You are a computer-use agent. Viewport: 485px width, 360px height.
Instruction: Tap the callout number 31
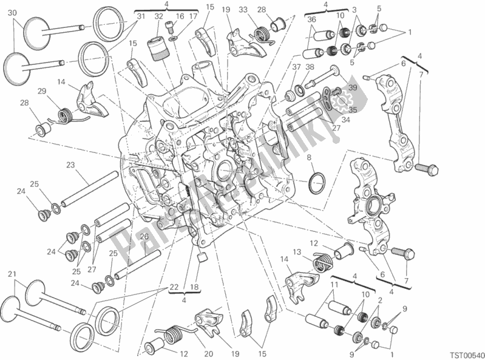click(140, 16)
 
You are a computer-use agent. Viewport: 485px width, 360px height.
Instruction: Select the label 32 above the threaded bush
click(158, 16)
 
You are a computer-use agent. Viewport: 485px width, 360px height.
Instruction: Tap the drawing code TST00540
click(461, 352)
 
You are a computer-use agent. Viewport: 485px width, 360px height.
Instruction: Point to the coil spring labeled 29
click(64, 114)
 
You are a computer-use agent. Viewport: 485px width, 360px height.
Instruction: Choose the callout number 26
click(144, 237)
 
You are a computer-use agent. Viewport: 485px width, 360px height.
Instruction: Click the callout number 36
click(311, 19)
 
